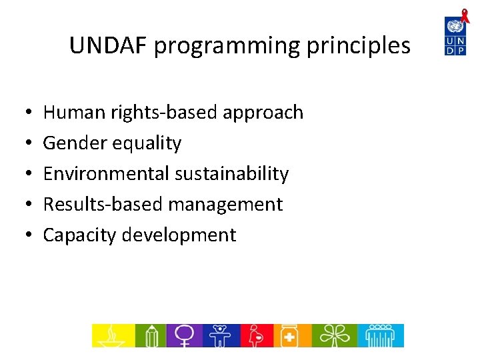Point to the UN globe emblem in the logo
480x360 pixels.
point(455,26)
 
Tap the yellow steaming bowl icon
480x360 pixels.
point(112,335)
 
